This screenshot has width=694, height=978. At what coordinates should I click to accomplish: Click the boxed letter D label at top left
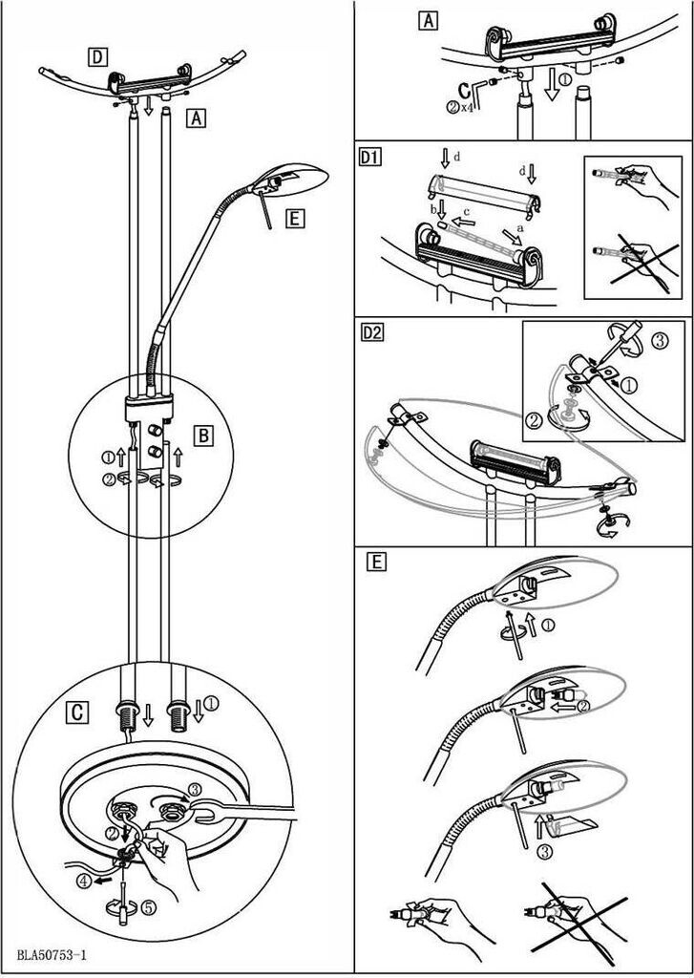point(97,56)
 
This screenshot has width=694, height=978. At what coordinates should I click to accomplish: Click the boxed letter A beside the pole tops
point(195,118)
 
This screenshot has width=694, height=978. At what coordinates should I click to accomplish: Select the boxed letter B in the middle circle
point(203,436)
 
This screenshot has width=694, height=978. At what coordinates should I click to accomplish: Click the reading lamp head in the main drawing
point(295,177)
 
